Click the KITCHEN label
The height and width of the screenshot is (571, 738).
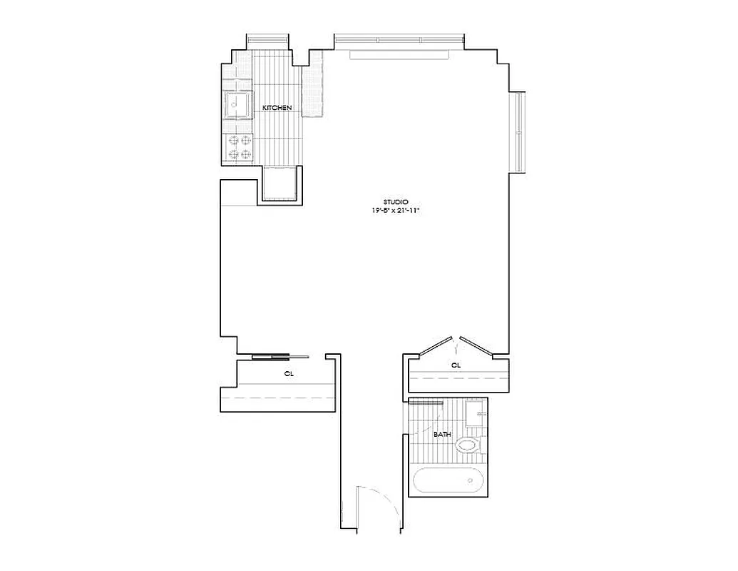277,108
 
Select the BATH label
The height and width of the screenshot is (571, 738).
442,433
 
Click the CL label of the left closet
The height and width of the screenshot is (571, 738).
289,373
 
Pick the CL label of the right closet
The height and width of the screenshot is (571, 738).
456,365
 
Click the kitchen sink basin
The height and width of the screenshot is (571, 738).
237,107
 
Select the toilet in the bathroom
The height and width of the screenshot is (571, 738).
468,446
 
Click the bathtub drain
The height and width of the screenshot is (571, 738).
471,480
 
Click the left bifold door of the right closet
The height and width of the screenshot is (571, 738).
436,345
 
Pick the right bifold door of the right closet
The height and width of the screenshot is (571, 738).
477,345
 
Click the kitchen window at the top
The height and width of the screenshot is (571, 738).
268,39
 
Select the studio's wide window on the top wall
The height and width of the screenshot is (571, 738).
399,39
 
